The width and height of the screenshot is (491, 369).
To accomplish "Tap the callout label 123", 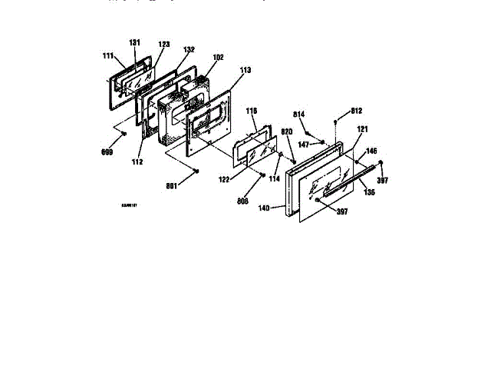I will [x=163, y=45].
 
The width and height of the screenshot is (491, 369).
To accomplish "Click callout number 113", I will [x=245, y=70].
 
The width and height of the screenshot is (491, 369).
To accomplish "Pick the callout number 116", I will [x=251, y=111].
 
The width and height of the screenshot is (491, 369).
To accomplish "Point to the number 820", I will [x=286, y=131].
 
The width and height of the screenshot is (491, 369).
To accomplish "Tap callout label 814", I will [x=299, y=114].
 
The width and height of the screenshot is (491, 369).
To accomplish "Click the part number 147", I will [x=305, y=144].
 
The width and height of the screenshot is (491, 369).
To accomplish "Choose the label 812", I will [x=356, y=110].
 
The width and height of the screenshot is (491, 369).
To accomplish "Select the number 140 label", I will [x=265, y=208].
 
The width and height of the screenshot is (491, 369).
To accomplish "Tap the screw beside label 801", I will [x=196, y=170].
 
